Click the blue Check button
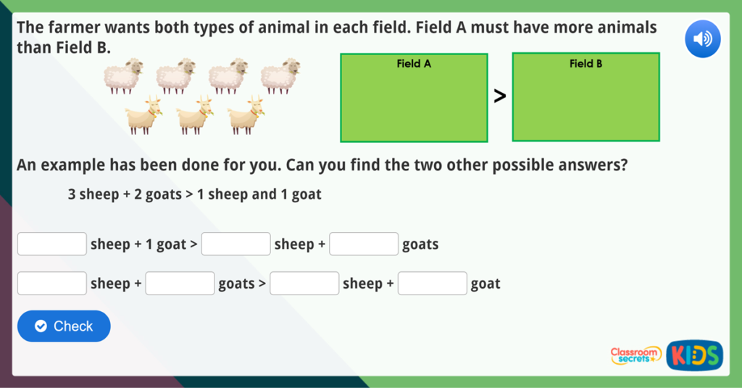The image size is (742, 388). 64,326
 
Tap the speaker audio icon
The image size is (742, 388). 702,39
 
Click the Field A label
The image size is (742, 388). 414,64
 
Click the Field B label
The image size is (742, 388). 585,64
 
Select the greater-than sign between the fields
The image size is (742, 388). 499,96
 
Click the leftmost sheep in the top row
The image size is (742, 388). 123,76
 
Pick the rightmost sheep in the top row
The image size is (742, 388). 280,76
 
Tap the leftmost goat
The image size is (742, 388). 142,115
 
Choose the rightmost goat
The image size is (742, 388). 246,115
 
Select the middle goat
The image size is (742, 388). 193,115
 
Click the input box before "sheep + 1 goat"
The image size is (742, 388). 52,244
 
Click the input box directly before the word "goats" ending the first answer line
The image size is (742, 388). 364,244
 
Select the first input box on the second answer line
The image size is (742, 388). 52,283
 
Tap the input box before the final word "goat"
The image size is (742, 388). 432,283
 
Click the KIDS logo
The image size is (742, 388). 694,355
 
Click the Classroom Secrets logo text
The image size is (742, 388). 635,354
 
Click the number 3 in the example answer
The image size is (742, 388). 72,195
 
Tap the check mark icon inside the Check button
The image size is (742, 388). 41,326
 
